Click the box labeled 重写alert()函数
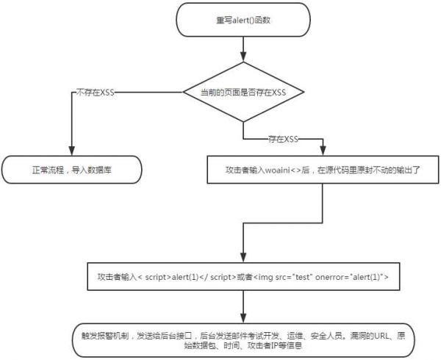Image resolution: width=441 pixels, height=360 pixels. [242, 19]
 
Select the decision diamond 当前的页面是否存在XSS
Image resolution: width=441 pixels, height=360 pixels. [242, 92]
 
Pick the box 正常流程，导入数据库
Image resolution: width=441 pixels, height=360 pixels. [71, 169]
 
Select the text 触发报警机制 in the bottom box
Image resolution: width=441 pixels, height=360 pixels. [107, 333]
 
